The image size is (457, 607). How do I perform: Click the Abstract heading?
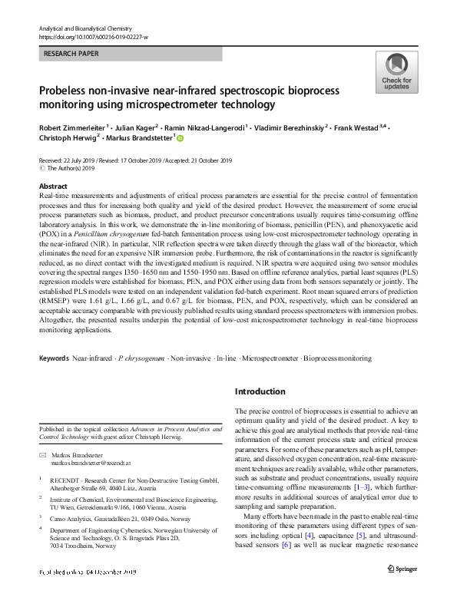54,186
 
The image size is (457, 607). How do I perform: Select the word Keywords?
54,358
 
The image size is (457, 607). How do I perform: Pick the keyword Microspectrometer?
269,358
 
